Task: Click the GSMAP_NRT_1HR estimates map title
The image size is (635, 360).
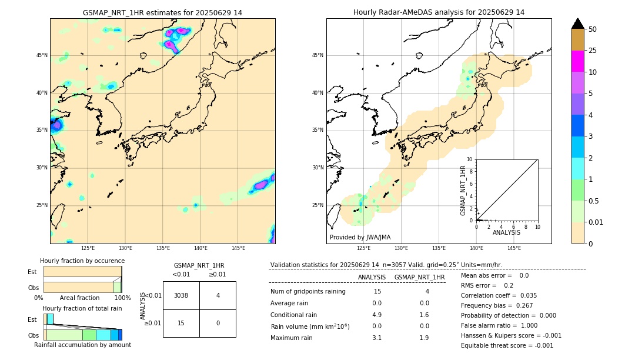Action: (x=162, y=12)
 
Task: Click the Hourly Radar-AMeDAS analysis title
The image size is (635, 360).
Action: (x=439, y=12)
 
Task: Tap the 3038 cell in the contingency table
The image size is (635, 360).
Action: (x=181, y=295)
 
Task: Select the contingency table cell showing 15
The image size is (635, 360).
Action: (x=181, y=323)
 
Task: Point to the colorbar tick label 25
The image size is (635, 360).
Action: (x=593, y=51)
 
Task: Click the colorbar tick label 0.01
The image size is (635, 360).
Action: (x=596, y=222)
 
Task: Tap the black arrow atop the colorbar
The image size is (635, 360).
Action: (x=578, y=24)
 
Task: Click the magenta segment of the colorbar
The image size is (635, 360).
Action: (x=578, y=61)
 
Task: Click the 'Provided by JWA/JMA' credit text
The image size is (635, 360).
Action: (x=360, y=238)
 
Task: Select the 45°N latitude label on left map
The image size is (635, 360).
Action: (x=42, y=55)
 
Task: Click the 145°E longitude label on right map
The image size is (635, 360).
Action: (x=514, y=248)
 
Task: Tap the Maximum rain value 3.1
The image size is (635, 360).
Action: (x=376, y=338)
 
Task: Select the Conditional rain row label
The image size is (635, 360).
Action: (x=295, y=314)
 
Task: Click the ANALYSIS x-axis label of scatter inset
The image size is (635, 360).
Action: (x=506, y=232)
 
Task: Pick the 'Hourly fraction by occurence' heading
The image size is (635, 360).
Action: (x=82, y=261)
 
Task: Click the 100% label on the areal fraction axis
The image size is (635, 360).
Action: (x=122, y=298)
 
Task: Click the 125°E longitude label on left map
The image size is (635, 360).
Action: (x=88, y=248)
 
